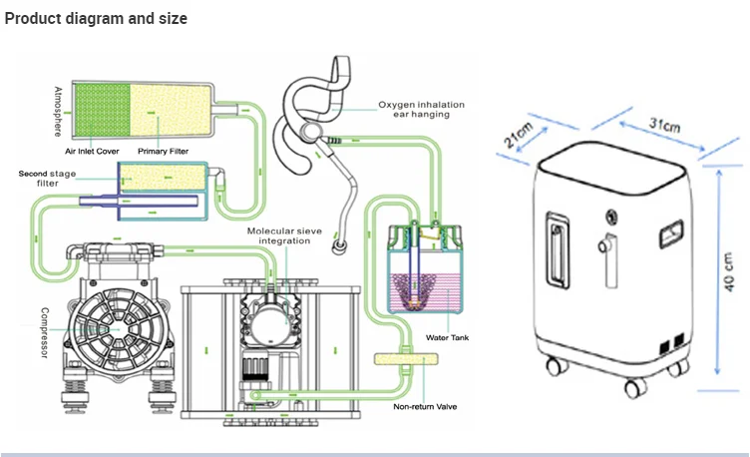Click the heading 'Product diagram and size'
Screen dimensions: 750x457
click(96, 18)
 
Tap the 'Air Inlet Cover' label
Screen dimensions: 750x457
click(92, 152)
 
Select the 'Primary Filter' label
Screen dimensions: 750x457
click(164, 152)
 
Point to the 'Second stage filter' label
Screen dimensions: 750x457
click(47, 178)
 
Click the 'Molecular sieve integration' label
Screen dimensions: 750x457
click(284, 235)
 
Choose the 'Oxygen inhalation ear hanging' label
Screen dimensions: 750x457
click(422, 109)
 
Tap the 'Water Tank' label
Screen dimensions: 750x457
click(447, 337)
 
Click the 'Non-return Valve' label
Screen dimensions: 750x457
click(425, 407)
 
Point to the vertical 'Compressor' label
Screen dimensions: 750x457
click(45, 332)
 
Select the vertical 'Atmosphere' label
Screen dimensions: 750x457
click(58, 112)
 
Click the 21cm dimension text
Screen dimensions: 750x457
click(518, 135)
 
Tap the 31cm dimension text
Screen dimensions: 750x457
click(664, 125)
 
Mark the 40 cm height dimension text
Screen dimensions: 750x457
click(728, 271)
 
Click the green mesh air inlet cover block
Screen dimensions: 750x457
click(103, 110)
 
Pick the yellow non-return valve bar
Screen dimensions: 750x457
click(406, 359)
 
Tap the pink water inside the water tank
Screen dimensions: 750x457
click(424, 292)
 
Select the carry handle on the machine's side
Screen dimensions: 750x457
click(558, 250)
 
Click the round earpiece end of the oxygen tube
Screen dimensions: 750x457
click(340, 246)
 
